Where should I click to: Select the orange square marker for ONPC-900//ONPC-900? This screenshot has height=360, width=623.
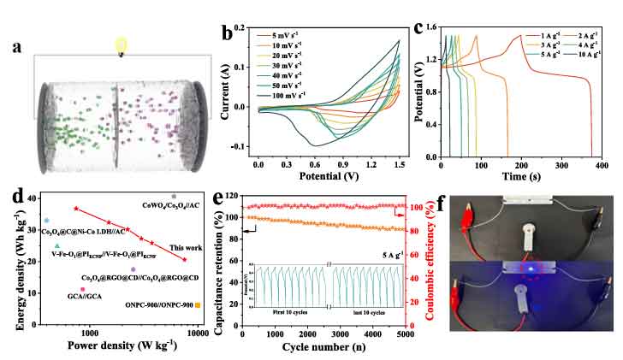198,305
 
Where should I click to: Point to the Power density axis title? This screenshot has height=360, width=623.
126,346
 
